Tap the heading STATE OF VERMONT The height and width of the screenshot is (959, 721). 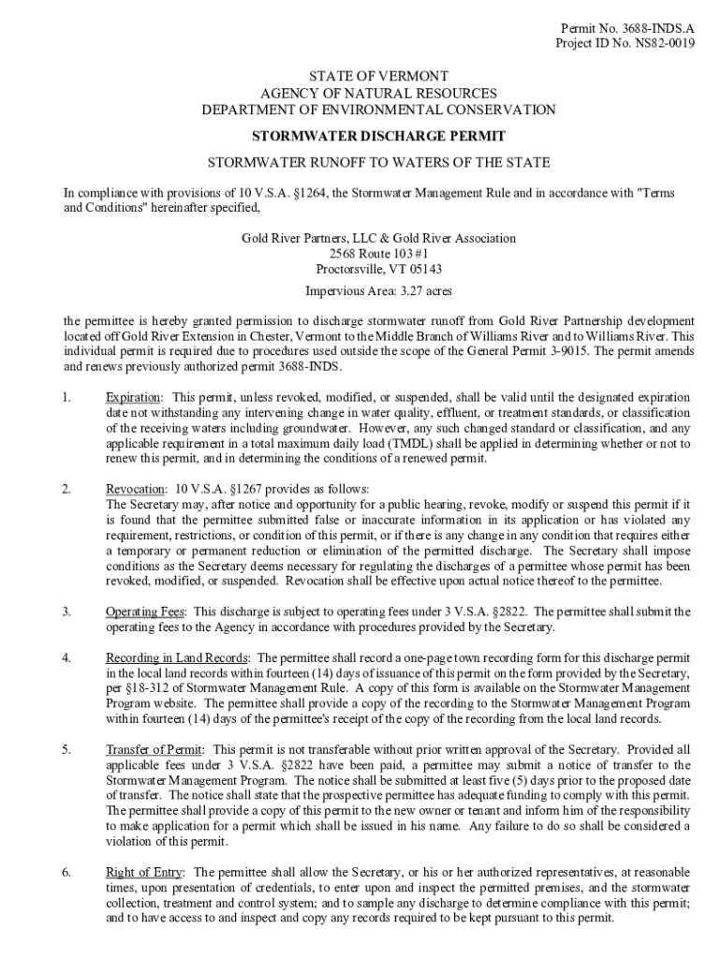(x=379, y=76)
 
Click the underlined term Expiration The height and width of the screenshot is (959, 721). (x=132, y=398)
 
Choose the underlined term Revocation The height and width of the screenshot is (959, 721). (x=134, y=490)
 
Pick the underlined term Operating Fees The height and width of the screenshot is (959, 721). (x=145, y=612)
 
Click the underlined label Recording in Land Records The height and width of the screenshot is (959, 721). (x=177, y=657)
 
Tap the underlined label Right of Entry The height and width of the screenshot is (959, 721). (x=145, y=872)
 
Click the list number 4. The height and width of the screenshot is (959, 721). (x=66, y=657)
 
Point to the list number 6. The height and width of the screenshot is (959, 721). (x=66, y=872)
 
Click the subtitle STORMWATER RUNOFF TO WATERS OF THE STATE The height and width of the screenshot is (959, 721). (x=378, y=161)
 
